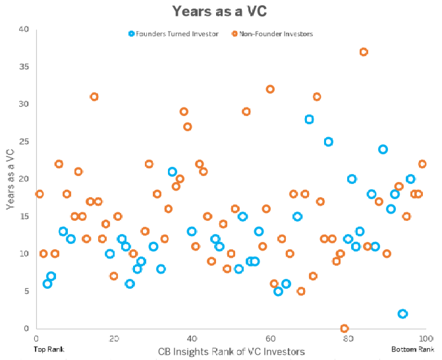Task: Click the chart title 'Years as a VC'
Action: pos(221,11)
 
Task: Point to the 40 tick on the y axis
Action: pos(24,30)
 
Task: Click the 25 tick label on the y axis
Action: pos(24,142)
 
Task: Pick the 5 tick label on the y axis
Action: pos(26,291)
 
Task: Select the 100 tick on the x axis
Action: pos(421,338)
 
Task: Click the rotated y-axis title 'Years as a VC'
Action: pos(11,178)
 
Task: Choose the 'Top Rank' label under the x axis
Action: pos(49,349)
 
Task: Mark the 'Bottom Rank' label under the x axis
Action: pos(412,349)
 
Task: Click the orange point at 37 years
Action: pos(364,52)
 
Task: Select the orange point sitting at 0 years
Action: pos(345,328)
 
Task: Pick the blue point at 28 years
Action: pos(310,119)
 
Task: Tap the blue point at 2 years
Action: pos(402,313)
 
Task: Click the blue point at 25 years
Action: pos(329,142)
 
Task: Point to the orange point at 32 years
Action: pos(270,89)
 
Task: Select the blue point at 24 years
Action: pos(383,149)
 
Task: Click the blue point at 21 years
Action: pos(173,171)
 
